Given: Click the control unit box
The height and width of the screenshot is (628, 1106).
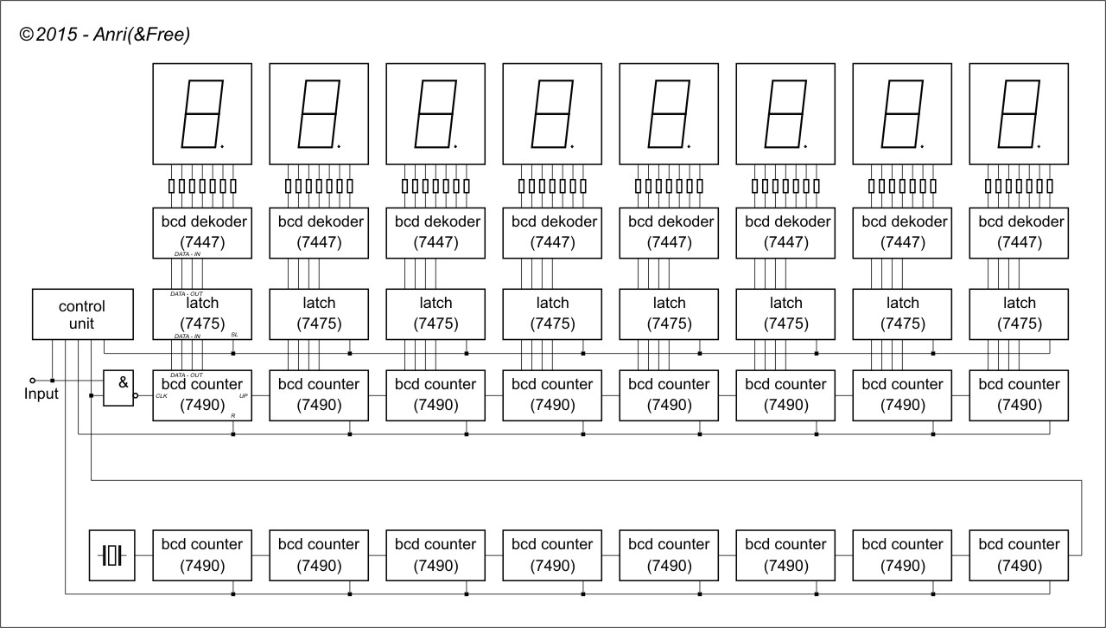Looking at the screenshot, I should [x=82, y=315].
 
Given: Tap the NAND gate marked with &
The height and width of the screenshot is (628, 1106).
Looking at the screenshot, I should [x=119, y=388].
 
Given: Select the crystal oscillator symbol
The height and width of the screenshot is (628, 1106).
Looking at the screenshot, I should [x=112, y=554].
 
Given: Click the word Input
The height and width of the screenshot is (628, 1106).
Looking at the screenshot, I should [x=41, y=394].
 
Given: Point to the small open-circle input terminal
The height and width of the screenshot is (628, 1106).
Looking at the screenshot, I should [x=33, y=380].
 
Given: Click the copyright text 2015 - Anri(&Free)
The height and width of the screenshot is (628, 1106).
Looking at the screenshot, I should [x=104, y=35].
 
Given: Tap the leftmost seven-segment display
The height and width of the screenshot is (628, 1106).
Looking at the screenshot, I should [x=203, y=113].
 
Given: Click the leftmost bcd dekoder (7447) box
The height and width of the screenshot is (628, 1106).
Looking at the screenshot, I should [x=203, y=232].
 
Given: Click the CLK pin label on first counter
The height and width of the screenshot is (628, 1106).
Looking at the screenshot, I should [x=162, y=396].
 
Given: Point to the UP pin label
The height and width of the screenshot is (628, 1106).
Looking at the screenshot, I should [x=243, y=395].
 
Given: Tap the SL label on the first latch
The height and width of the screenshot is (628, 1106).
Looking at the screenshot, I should [x=234, y=334].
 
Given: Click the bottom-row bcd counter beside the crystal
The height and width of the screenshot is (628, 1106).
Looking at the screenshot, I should [x=203, y=554].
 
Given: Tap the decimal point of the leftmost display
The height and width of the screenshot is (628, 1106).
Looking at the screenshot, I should [x=223, y=147].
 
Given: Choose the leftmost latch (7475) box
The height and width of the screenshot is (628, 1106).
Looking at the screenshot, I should [x=203, y=313].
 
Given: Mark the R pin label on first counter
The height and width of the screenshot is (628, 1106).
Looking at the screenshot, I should [x=233, y=416].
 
